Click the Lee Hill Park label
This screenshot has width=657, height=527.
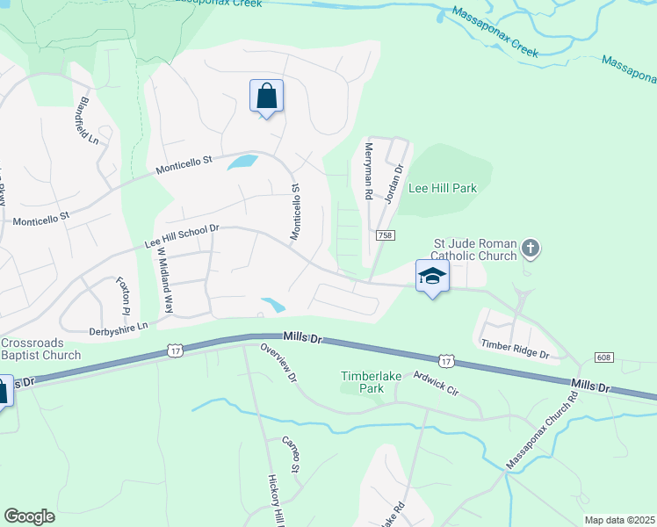coord(443,188)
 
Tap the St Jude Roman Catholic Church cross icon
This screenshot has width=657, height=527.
coord(530,249)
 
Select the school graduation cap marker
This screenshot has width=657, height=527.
coord(432,277)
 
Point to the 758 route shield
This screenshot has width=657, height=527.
coord(384,235)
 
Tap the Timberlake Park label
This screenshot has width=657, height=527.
coord(372,381)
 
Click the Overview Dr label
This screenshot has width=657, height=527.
coord(279,363)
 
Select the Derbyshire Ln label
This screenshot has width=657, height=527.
coord(119,326)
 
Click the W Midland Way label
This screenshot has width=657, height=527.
coord(163,280)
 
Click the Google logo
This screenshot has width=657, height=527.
coord(29,516)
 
